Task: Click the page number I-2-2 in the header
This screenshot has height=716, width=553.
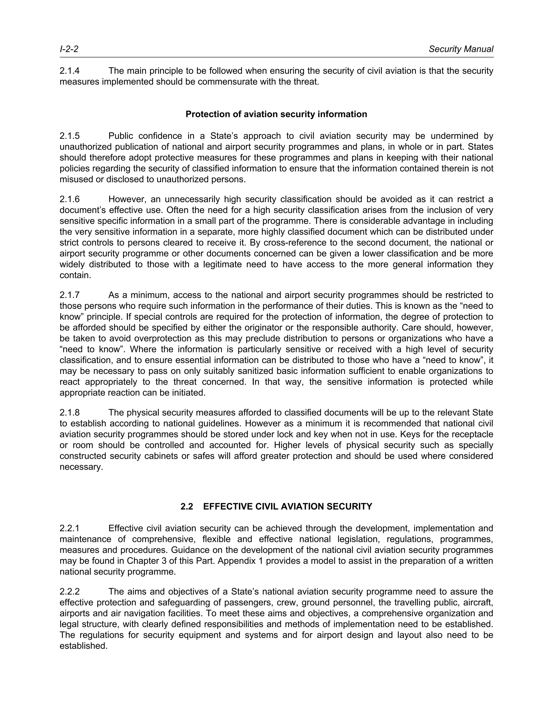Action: coord(69,49)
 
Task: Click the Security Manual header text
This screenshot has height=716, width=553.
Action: coord(461,49)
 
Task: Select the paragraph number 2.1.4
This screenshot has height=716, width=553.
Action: coord(69,71)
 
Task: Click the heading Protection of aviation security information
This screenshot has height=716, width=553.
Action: coord(276,114)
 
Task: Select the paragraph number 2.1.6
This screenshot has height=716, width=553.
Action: coord(69,199)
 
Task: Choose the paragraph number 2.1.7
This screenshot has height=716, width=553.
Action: coord(69,295)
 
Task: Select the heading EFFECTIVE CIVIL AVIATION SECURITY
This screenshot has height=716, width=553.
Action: coord(287,507)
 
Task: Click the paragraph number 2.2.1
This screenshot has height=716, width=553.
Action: coord(69,528)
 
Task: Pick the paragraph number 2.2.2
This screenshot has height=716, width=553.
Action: coord(69,591)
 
